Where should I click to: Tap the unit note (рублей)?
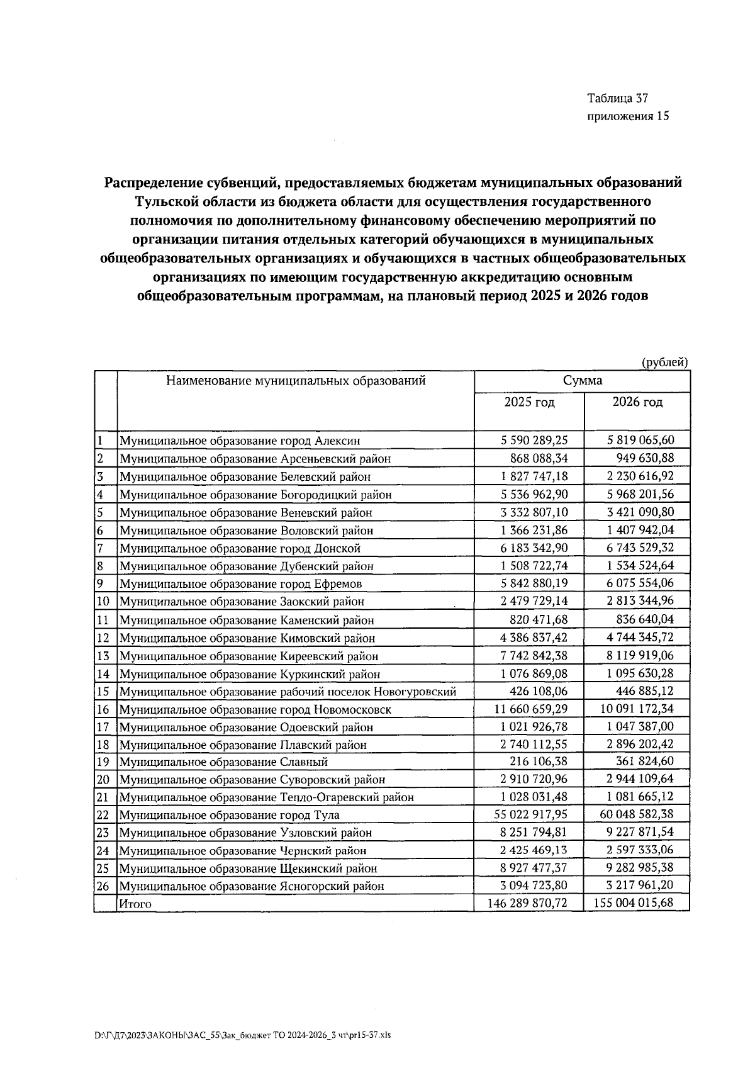pos(664,362)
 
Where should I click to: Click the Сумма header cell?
pos(582,381)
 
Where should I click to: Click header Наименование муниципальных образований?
pos(296,381)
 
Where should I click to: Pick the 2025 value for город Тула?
pos(530,814)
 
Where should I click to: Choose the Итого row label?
pos(135,904)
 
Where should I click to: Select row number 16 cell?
pos(104,709)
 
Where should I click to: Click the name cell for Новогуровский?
pos(288,692)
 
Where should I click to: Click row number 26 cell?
pos(104,886)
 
